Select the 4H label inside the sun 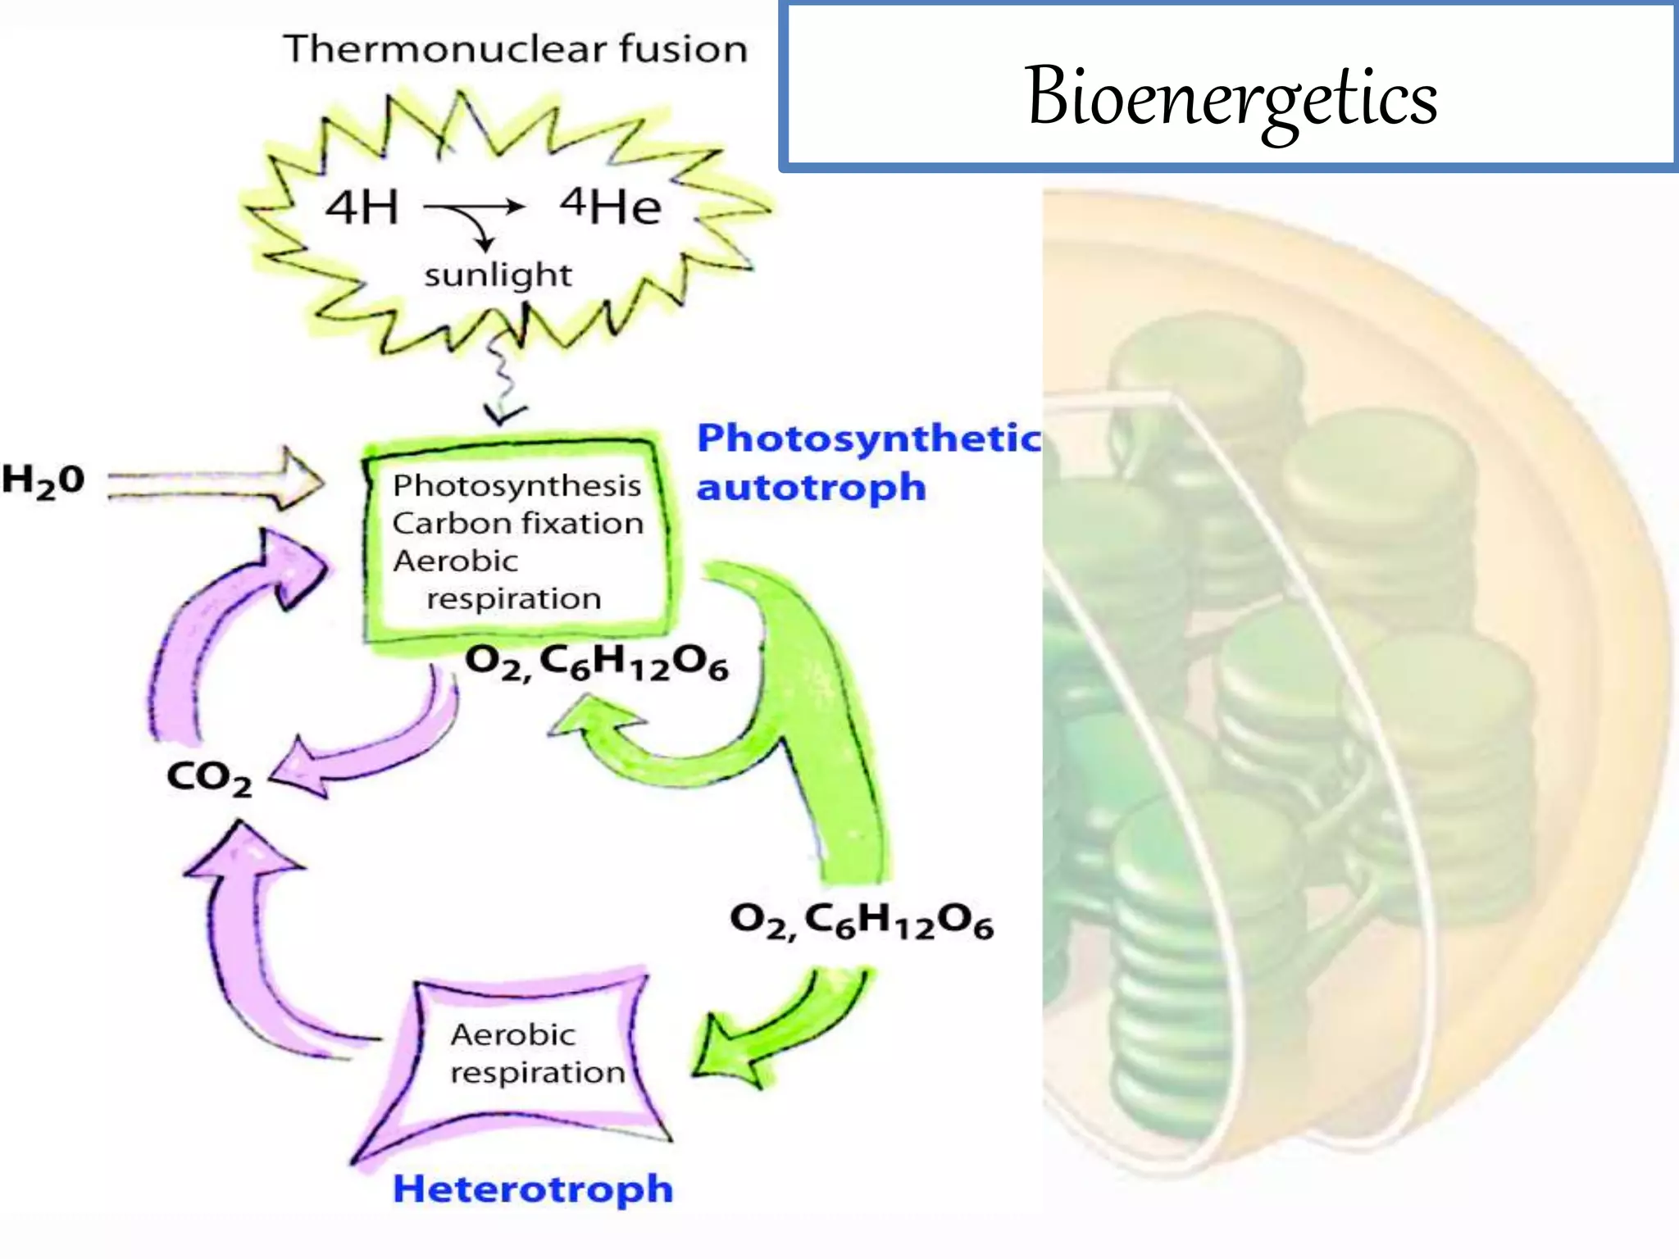tap(362, 207)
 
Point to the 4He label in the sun tap(611, 206)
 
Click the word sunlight tap(498, 275)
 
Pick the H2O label tap(43, 480)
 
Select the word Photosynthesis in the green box tap(516, 485)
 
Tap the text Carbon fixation tap(518, 523)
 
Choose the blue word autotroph tap(811, 488)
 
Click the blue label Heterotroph tap(533, 1189)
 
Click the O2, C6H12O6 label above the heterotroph tap(861, 921)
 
